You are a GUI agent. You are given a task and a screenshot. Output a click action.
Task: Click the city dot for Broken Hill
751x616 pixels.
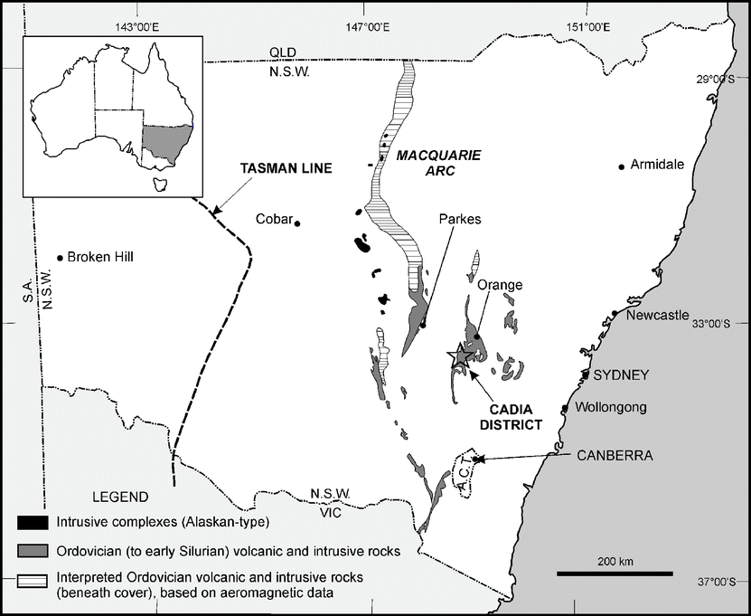tap(60, 258)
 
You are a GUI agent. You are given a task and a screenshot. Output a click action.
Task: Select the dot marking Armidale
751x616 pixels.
tap(622, 166)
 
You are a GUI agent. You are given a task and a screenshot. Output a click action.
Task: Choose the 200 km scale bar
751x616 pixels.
tap(614, 573)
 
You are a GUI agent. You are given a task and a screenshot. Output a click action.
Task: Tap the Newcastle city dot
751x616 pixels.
tap(615, 314)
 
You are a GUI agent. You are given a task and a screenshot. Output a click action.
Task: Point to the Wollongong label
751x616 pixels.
tap(608, 408)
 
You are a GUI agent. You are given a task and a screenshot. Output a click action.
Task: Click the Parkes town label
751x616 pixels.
tap(461, 219)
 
